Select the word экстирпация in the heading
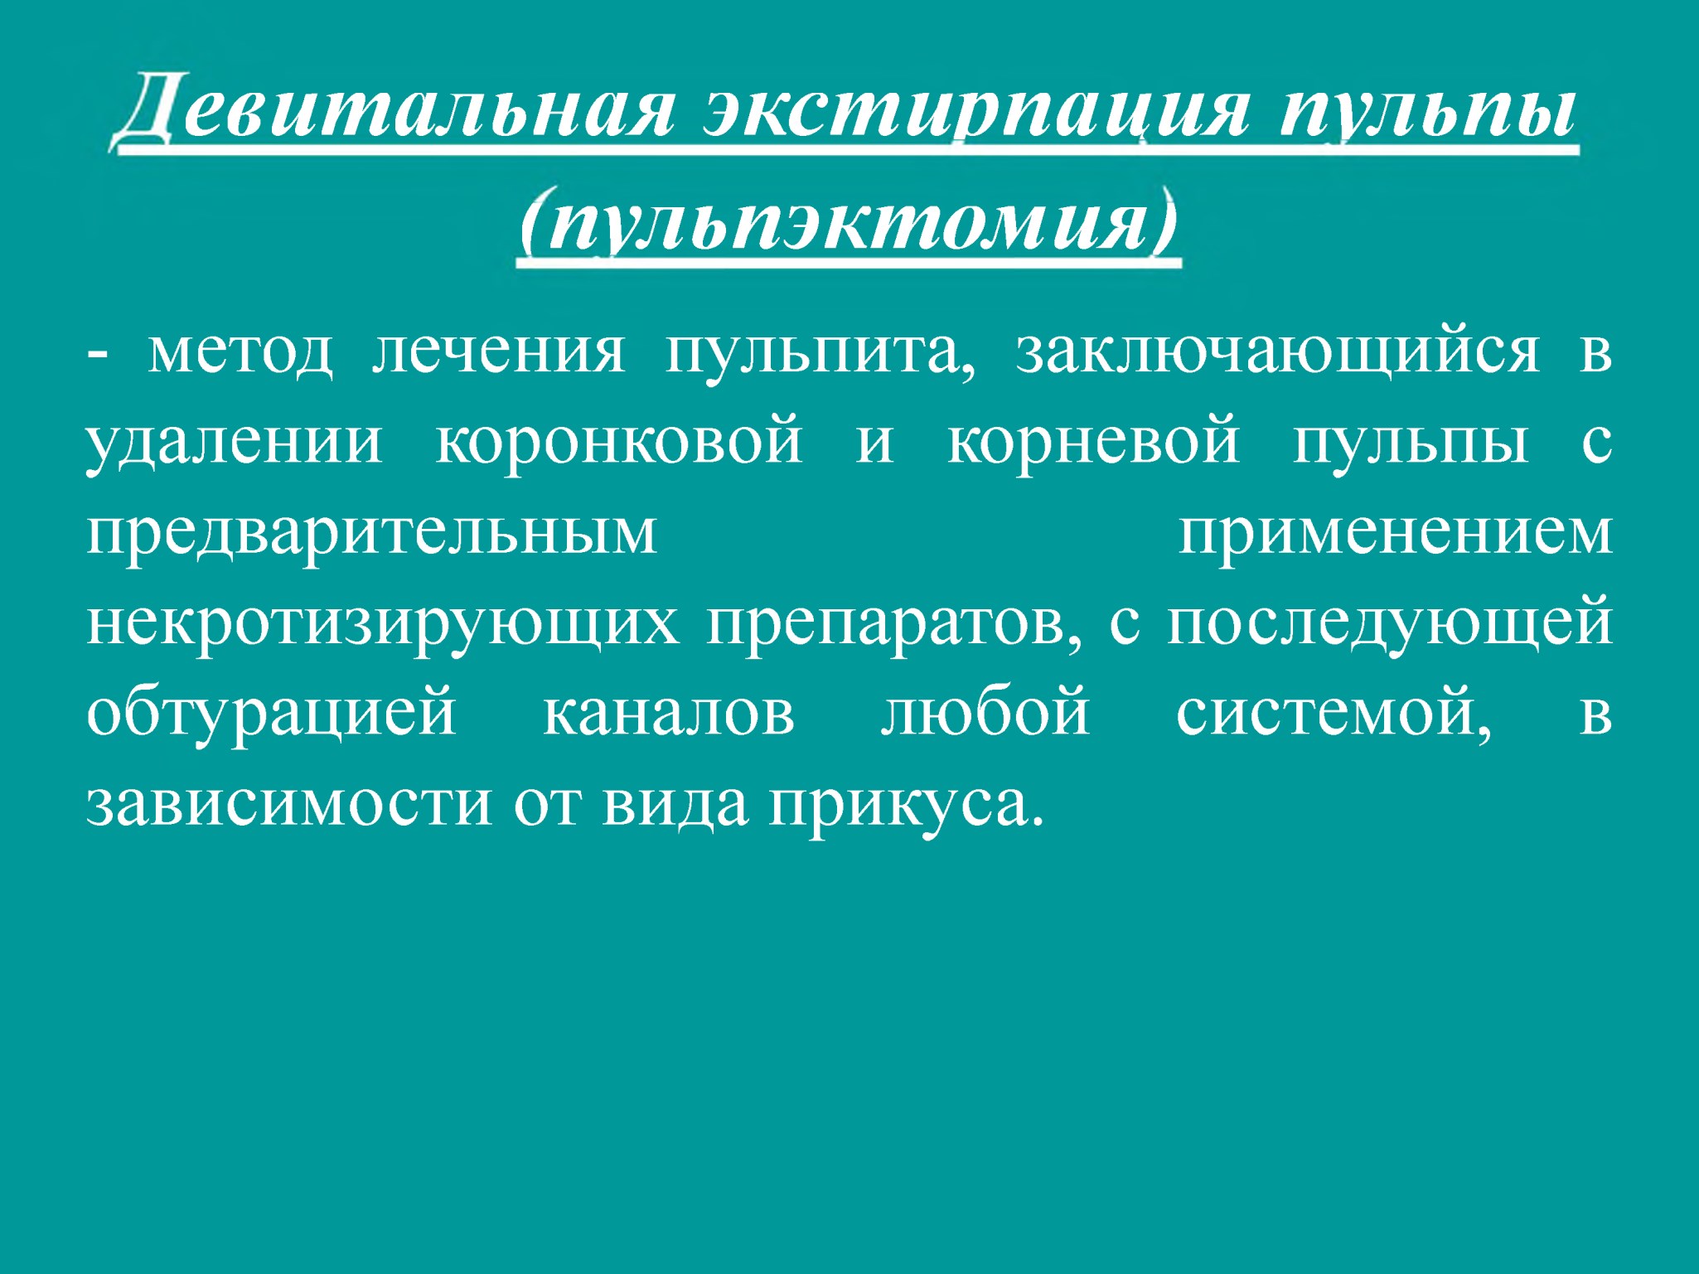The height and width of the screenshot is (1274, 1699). tap(975, 112)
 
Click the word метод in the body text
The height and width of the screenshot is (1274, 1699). tap(240, 351)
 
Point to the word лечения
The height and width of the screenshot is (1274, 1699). tap(497, 351)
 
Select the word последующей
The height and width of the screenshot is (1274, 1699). tap(1390, 623)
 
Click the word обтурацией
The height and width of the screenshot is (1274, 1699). tap(271, 713)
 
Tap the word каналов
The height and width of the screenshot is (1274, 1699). tap(669, 714)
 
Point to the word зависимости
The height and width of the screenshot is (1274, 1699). tap(289, 804)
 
